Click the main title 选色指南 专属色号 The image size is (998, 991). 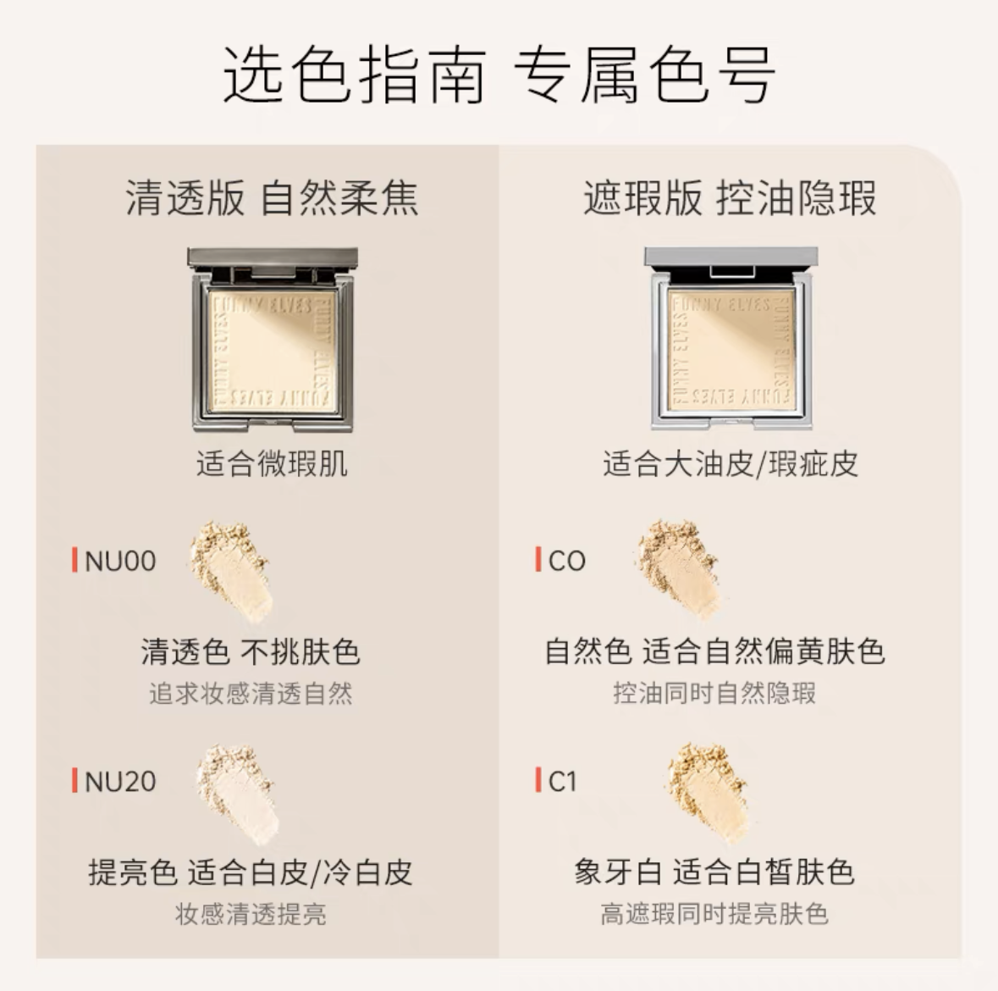click(x=499, y=75)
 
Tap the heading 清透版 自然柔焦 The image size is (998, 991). click(x=272, y=197)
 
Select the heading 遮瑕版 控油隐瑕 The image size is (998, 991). click(x=730, y=197)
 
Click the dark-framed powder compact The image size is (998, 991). click(x=273, y=340)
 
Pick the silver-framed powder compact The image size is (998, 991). click(x=731, y=338)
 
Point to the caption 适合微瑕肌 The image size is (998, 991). click(x=272, y=463)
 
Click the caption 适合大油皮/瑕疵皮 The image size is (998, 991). click(x=730, y=463)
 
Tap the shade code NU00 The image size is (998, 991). click(x=120, y=561)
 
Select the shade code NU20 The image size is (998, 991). click(x=120, y=782)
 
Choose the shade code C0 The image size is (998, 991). click(x=567, y=561)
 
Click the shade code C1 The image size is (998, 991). click(x=563, y=782)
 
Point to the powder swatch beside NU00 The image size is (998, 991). click(x=232, y=571)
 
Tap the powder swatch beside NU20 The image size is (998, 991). click(x=237, y=794)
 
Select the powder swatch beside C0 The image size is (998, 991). click(x=681, y=568)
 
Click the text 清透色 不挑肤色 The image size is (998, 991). click(x=251, y=651)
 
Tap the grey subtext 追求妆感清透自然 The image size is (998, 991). click(x=251, y=694)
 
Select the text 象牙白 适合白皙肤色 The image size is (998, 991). click(x=714, y=872)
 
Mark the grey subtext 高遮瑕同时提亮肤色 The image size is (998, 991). click(x=714, y=914)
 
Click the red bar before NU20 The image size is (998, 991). click(x=74, y=781)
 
